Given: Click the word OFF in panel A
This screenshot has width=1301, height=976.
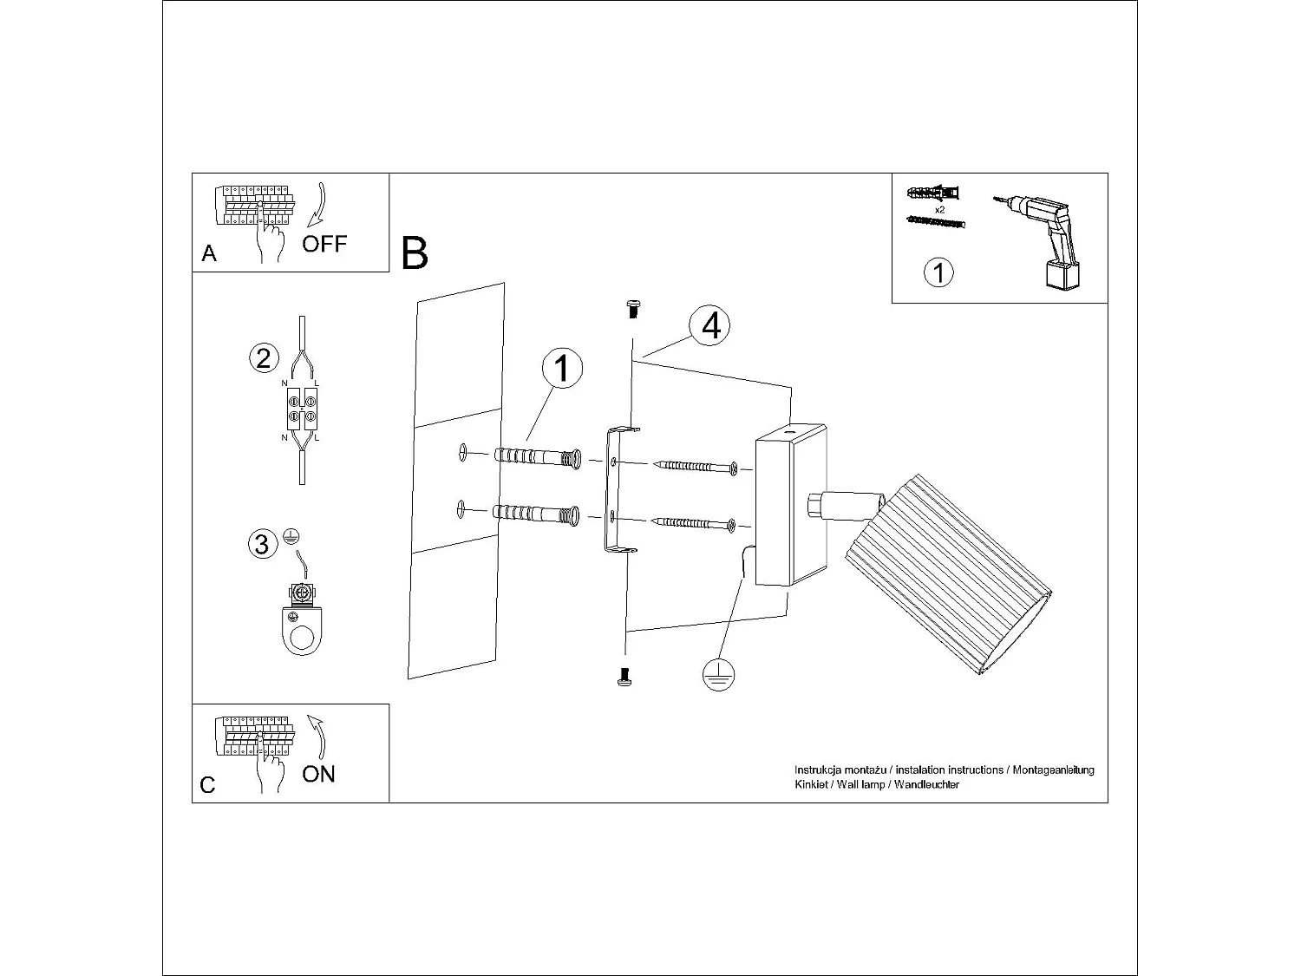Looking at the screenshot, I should tap(324, 244).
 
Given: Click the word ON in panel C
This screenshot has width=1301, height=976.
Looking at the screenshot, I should tap(318, 774).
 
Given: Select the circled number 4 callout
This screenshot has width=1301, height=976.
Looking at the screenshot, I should tap(710, 326).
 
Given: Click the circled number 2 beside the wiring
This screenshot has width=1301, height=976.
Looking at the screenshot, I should tap(264, 357).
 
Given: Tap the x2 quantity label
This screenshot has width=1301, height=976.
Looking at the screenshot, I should tap(940, 210).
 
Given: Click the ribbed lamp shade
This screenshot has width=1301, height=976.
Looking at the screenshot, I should tap(947, 573).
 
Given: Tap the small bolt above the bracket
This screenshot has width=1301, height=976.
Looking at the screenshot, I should tap(632, 307).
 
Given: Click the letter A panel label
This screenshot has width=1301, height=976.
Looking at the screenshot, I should tap(208, 253).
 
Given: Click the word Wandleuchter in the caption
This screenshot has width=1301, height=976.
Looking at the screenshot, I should tap(927, 785).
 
